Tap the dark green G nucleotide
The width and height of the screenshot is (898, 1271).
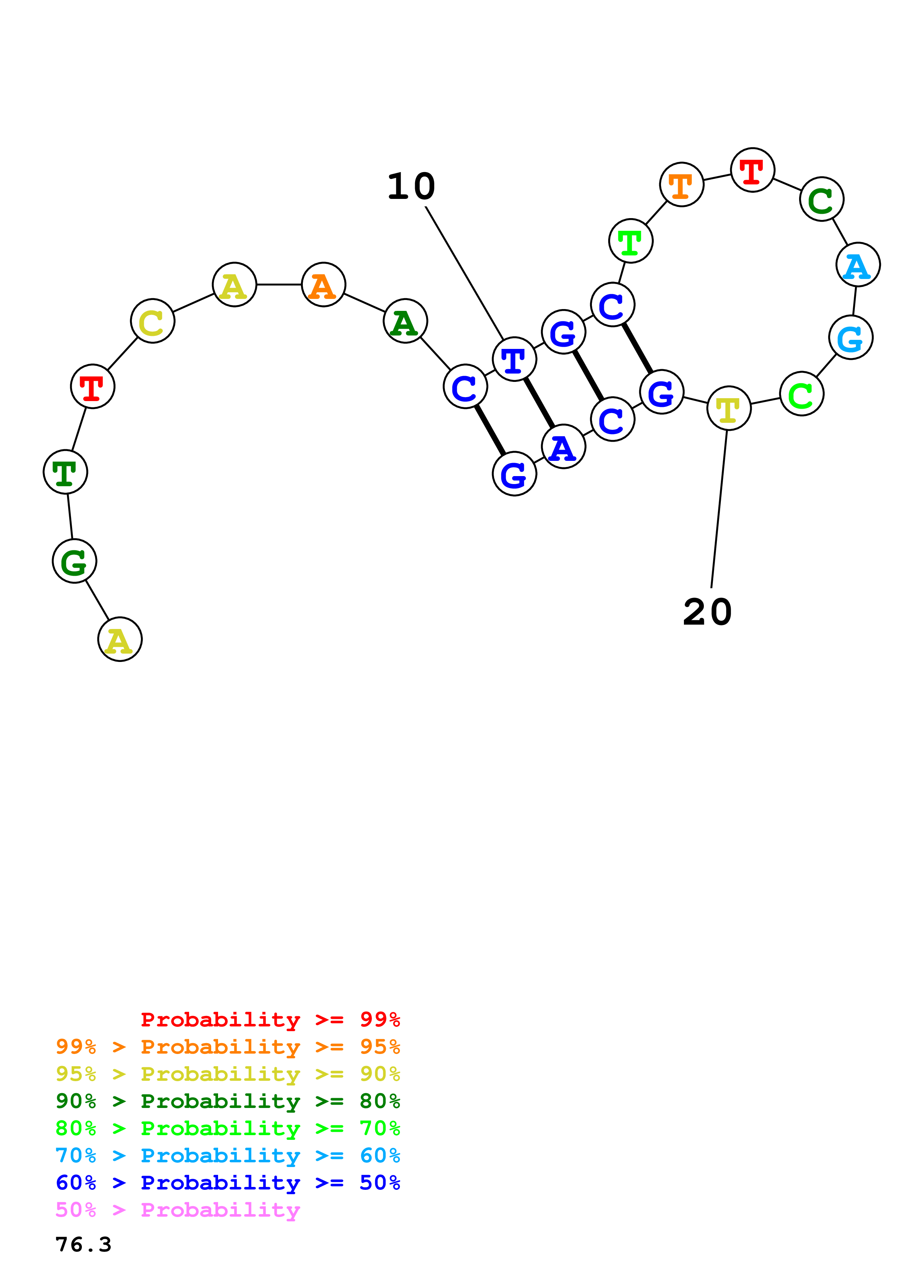click(75, 561)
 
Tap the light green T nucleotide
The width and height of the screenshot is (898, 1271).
click(630, 241)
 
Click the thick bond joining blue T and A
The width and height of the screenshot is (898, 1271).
click(539, 403)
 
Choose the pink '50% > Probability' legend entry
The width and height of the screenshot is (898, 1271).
click(177, 1210)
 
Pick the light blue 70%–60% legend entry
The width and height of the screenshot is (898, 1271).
click(227, 1155)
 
